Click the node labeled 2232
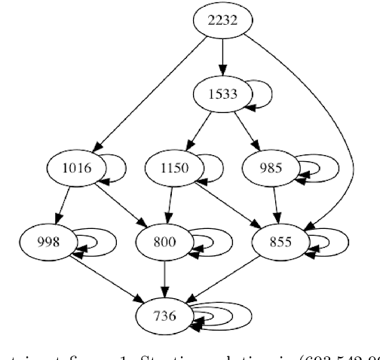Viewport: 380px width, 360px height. point(222,20)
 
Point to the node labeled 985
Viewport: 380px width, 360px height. point(270,167)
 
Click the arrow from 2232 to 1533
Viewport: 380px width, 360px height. point(222,56)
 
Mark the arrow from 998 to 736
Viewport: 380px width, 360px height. point(106,278)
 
